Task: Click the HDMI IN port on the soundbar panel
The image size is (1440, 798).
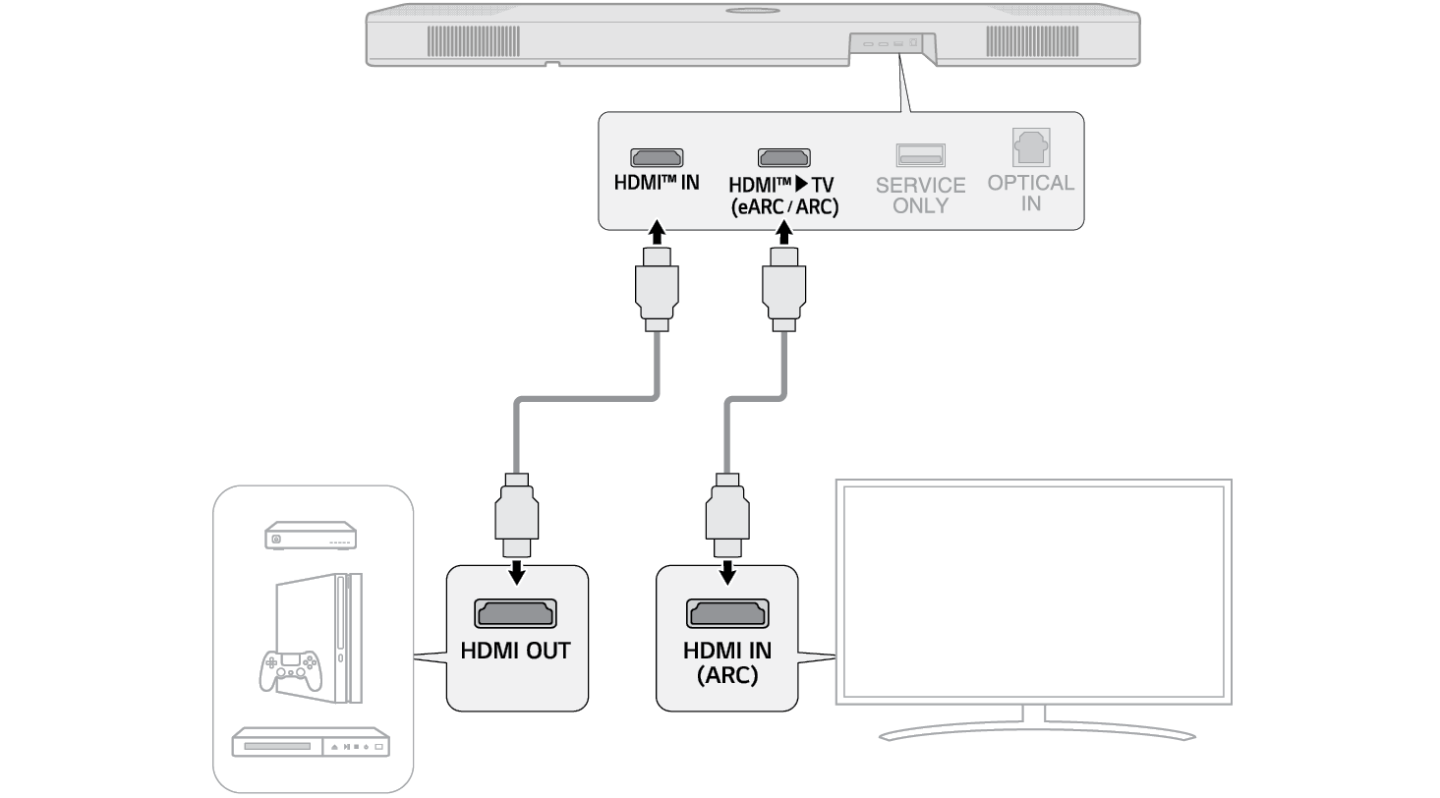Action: [x=657, y=157]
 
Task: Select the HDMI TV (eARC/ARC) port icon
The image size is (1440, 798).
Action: [x=783, y=157]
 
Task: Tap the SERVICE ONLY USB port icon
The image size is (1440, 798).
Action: [x=920, y=155]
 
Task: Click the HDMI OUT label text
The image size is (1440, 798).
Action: [x=516, y=651]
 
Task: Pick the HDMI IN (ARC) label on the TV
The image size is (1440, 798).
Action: [x=727, y=662]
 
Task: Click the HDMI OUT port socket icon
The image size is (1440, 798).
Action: [x=516, y=613]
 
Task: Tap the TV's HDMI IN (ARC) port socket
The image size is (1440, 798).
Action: [x=727, y=613]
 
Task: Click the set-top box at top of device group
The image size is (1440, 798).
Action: [x=310, y=538]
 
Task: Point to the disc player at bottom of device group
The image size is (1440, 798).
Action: [x=310, y=743]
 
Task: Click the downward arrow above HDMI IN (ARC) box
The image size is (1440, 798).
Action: [x=727, y=570]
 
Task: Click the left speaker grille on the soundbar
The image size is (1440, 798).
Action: [x=473, y=41]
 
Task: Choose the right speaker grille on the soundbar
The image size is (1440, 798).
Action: [x=1032, y=41]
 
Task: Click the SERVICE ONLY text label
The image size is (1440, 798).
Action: [x=920, y=195]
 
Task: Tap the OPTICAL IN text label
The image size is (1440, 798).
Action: [x=1031, y=193]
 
